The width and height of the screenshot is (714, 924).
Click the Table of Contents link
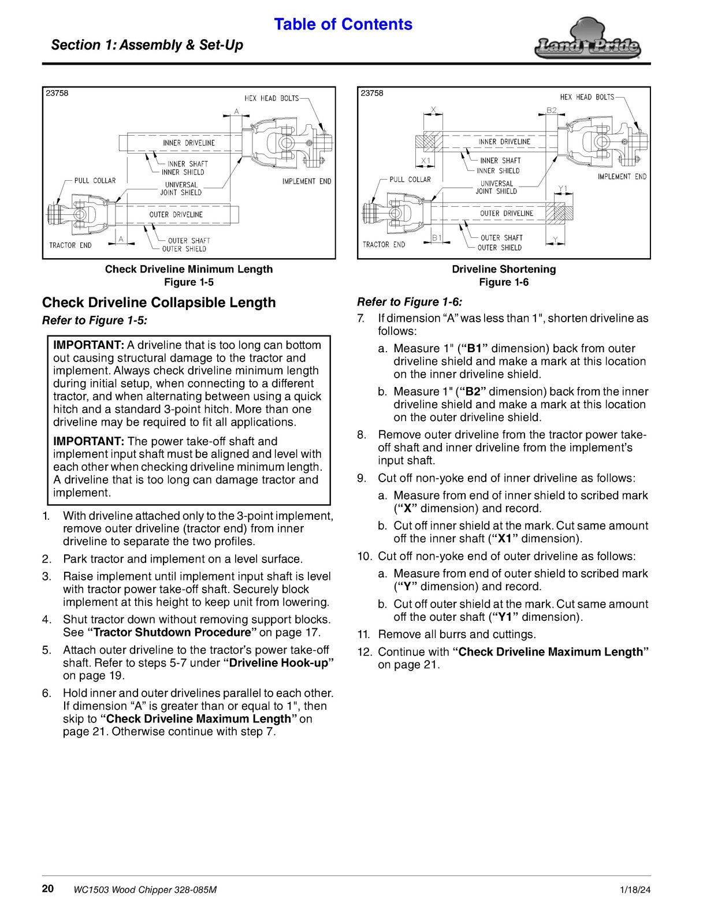pos(343,24)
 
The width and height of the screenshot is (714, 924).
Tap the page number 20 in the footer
pos(47,889)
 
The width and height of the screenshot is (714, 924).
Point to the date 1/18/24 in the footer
pos(635,889)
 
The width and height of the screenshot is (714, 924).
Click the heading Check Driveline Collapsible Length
pos(159,303)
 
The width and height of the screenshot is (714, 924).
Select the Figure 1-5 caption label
pos(189,282)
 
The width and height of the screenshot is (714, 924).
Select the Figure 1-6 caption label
pos(504,282)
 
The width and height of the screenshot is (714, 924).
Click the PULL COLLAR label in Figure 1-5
pos(95,181)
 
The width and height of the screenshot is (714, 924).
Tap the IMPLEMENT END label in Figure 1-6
pos(622,177)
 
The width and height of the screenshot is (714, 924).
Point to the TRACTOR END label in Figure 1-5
pos(70,245)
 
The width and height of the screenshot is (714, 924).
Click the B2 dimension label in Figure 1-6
pos(552,110)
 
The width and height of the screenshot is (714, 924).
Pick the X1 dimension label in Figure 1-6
pos(426,161)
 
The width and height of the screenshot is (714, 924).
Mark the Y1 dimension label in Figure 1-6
pos(563,188)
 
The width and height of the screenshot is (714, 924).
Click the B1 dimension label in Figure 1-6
pos(437,238)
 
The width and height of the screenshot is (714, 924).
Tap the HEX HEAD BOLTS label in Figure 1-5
pos(272,99)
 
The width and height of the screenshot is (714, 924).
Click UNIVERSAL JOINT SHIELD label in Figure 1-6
pos(496,188)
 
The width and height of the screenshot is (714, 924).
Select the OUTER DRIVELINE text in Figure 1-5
pos(176,215)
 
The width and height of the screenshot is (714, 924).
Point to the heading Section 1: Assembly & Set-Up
pos(147,45)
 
